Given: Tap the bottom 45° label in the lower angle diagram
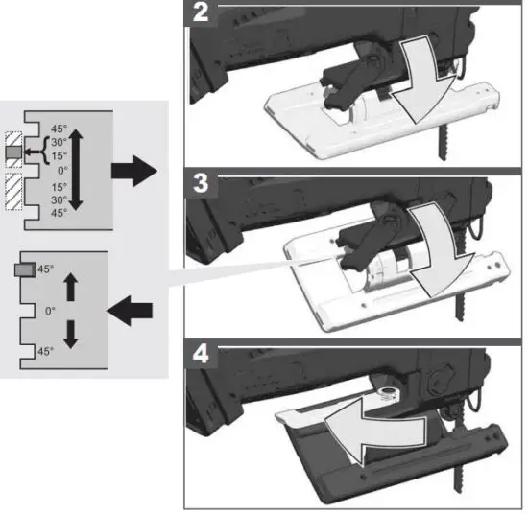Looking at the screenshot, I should (x=44, y=352).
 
